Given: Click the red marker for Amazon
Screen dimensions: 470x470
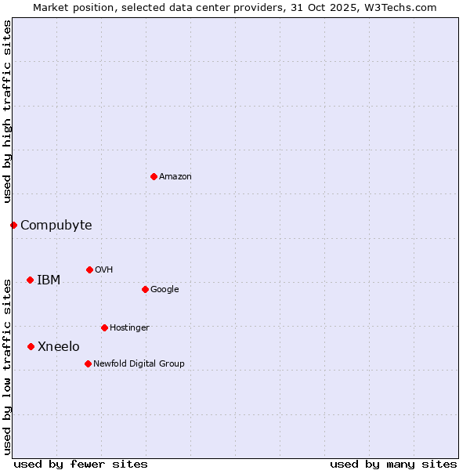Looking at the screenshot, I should pos(154,176).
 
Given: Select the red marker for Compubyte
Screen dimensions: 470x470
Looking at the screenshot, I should pos(13,225).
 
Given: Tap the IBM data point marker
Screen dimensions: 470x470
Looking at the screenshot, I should pos(30,280).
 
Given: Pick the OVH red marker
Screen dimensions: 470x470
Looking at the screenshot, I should pos(89,269).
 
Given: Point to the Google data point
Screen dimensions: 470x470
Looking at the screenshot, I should pos(145,289).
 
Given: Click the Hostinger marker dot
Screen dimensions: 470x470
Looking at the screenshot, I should pos(104,327).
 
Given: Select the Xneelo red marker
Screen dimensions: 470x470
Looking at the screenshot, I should pos(31,346).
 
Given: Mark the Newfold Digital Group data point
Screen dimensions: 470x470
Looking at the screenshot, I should pos(88,363).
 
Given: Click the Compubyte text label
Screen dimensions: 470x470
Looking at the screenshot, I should pos(56,226).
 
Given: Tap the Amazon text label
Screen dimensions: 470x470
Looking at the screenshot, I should pos(175,177).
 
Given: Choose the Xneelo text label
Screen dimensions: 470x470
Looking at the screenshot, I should pos(59,347).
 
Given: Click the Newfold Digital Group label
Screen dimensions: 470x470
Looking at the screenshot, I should pos(139,363).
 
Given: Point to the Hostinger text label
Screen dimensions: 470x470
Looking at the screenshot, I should pos(129,327).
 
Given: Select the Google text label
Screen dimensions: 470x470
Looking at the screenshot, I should pos(164,290).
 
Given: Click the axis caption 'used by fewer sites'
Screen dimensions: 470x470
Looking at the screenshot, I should pos(81,464).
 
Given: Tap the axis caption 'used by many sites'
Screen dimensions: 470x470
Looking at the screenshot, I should pos(393,464).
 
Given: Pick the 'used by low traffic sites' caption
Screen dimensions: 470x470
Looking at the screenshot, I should pos(7,366).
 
